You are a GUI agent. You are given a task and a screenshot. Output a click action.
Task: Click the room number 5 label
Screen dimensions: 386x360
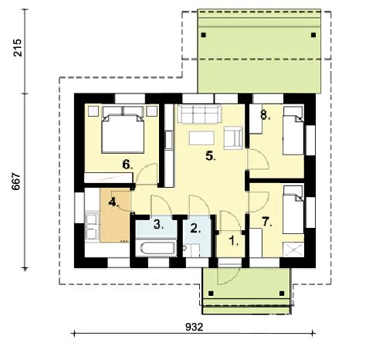coord(210,156)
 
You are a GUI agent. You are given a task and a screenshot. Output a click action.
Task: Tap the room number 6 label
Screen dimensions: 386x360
coord(127,165)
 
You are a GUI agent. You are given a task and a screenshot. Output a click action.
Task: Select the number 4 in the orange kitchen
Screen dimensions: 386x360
coord(113,202)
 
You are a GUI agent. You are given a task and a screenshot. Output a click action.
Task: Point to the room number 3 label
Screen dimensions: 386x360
coord(158,225)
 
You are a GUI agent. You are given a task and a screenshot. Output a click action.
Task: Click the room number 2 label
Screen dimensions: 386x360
coord(195,229)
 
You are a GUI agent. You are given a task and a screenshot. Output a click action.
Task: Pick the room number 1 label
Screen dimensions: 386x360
coord(233,241)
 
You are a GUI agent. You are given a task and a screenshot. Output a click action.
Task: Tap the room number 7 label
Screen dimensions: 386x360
coord(267,222)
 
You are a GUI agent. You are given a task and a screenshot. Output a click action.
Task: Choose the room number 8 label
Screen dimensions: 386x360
coord(266,115)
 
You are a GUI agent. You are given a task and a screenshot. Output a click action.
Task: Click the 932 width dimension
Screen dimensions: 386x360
coord(195,327)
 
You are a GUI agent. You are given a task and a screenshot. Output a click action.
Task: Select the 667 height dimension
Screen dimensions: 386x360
coord(16,182)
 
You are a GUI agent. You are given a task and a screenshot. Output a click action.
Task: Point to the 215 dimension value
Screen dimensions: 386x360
coord(18,48)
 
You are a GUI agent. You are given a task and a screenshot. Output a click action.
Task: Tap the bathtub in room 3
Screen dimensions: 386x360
coord(156,248)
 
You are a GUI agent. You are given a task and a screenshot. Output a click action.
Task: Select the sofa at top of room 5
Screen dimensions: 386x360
coord(199,114)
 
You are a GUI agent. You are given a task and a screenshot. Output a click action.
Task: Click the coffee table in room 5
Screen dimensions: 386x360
coord(201,138)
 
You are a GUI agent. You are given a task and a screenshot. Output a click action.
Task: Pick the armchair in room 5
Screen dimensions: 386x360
coord(233,138)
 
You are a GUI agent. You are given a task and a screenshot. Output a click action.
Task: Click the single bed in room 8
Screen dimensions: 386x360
coord(293,131)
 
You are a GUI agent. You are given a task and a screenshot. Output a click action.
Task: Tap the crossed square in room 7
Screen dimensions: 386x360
coord(293,250)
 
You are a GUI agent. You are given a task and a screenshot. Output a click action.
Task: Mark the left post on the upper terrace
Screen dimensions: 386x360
coord(204,35)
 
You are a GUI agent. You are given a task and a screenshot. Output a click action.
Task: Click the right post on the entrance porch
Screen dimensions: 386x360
coord(282,294)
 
